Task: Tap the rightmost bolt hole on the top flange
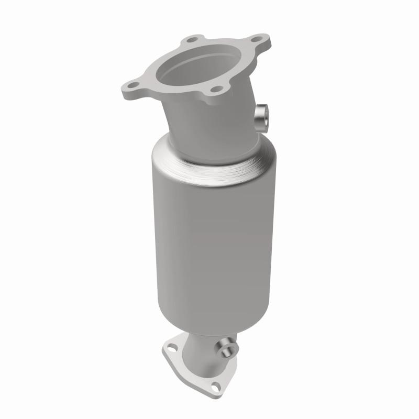[257, 39]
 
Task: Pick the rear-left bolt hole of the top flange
[192, 39]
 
